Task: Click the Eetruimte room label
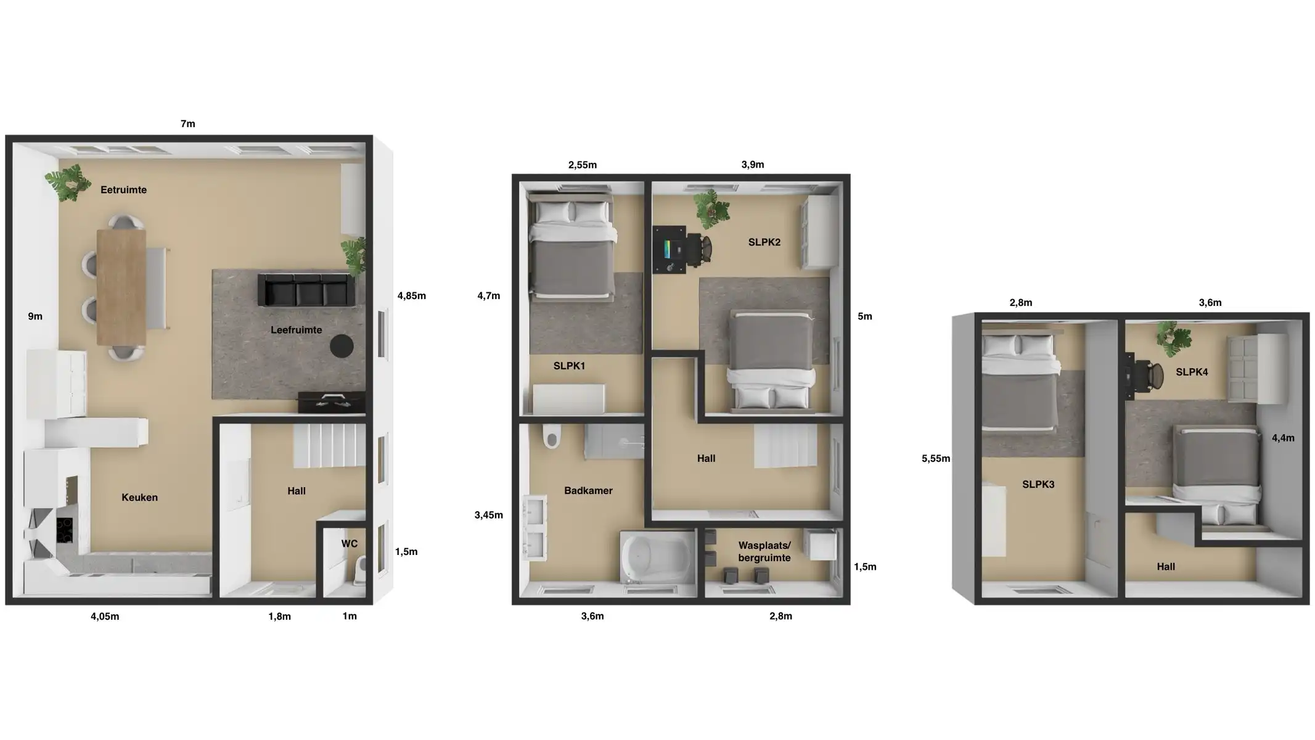pos(123,190)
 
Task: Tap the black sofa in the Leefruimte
pos(306,290)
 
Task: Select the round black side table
pos(342,346)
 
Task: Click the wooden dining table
pos(121,287)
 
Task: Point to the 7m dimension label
pos(188,124)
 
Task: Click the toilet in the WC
pos(361,570)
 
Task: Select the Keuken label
pos(139,498)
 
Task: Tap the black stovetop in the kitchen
pos(65,530)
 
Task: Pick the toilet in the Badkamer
pos(552,435)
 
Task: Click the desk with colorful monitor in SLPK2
pos(670,249)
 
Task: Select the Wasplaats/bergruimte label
pos(764,552)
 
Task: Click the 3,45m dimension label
pos(489,515)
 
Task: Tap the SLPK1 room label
pos(569,366)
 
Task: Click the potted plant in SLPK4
pos(1173,339)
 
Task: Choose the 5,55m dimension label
pos(936,458)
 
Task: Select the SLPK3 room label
pos(1038,485)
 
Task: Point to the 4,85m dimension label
pos(412,296)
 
